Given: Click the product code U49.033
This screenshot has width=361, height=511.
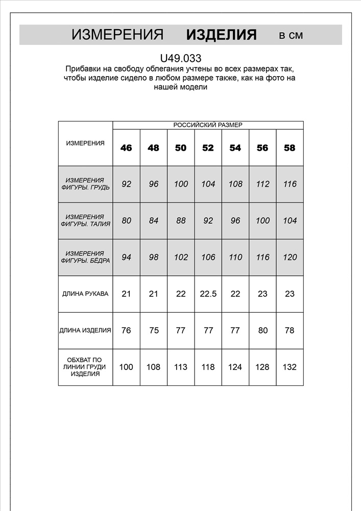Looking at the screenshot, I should [180, 59].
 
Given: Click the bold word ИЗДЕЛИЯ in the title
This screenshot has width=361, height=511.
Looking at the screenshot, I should [221, 35].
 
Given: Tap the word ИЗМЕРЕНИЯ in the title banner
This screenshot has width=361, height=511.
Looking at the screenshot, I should [117, 35].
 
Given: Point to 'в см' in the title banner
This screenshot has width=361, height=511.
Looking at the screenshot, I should [291, 36].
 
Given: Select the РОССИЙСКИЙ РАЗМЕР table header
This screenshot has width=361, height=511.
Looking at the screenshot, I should [208, 125].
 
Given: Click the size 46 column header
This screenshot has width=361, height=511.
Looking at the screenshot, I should [126, 148].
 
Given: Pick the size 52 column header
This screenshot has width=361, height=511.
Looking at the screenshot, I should [208, 148].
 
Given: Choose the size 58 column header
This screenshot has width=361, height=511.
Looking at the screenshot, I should [290, 148].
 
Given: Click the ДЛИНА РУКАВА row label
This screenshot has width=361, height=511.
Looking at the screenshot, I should [85, 294].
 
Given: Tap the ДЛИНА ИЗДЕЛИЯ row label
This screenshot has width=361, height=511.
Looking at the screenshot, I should [85, 331].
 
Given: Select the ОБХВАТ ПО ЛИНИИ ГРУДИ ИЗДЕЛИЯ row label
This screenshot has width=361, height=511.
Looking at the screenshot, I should [85, 367].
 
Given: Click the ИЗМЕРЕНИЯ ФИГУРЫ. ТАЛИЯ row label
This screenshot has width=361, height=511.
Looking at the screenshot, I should [85, 221].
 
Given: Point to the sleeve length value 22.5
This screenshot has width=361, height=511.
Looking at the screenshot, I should [208, 294].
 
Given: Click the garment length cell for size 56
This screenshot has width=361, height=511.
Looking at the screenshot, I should [262, 331].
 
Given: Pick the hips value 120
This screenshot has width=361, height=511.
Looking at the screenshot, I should [290, 257].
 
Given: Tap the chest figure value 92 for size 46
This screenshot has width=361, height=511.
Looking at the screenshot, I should [126, 184].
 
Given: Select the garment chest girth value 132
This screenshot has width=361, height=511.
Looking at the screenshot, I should [290, 367].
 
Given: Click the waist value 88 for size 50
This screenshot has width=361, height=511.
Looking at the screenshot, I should [181, 221].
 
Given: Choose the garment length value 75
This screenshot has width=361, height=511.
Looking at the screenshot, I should [153, 331].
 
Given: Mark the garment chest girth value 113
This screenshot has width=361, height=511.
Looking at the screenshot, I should [181, 367].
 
